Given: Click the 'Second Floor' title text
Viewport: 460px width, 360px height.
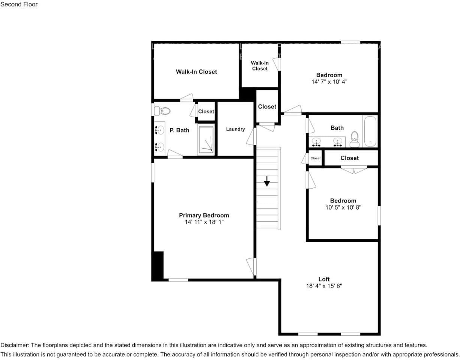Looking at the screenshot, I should click(x=19, y=4).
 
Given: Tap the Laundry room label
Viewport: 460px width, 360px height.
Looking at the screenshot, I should click(x=235, y=129).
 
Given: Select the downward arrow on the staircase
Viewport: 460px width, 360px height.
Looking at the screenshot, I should click(x=267, y=181).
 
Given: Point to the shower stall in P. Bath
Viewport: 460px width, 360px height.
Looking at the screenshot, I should click(x=206, y=140).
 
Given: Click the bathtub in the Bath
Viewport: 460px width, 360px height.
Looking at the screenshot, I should click(x=370, y=131).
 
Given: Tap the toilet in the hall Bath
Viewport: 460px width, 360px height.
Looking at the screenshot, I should click(x=355, y=140).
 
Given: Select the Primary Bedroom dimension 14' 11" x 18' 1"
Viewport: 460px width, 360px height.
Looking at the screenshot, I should click(x=204, y=222).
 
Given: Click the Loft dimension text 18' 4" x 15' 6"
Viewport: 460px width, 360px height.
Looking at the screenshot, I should click(x=324, y=286).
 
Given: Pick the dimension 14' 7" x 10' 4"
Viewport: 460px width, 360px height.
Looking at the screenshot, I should click(x=329, y=81).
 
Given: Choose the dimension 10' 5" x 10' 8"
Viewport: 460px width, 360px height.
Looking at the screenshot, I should click(x=343, y=207).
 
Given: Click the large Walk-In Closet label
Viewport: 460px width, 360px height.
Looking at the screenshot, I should click(x=196, y=72).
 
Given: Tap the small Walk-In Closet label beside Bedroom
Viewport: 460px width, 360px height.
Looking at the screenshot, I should click(x=260, y=66).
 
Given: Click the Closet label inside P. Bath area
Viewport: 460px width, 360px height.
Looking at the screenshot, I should click(x=206, y=111).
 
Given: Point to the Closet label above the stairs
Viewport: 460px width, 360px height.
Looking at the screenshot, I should click(x=267, y=106).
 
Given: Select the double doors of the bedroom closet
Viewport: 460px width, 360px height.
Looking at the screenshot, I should click(x=354, y=170).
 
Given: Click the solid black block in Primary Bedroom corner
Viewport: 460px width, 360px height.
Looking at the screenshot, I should click(x=158, y=265).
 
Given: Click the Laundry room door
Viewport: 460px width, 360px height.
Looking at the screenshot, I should click(x=251, y=136).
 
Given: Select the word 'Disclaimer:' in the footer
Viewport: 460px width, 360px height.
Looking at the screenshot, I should click(x=15, y=345).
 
